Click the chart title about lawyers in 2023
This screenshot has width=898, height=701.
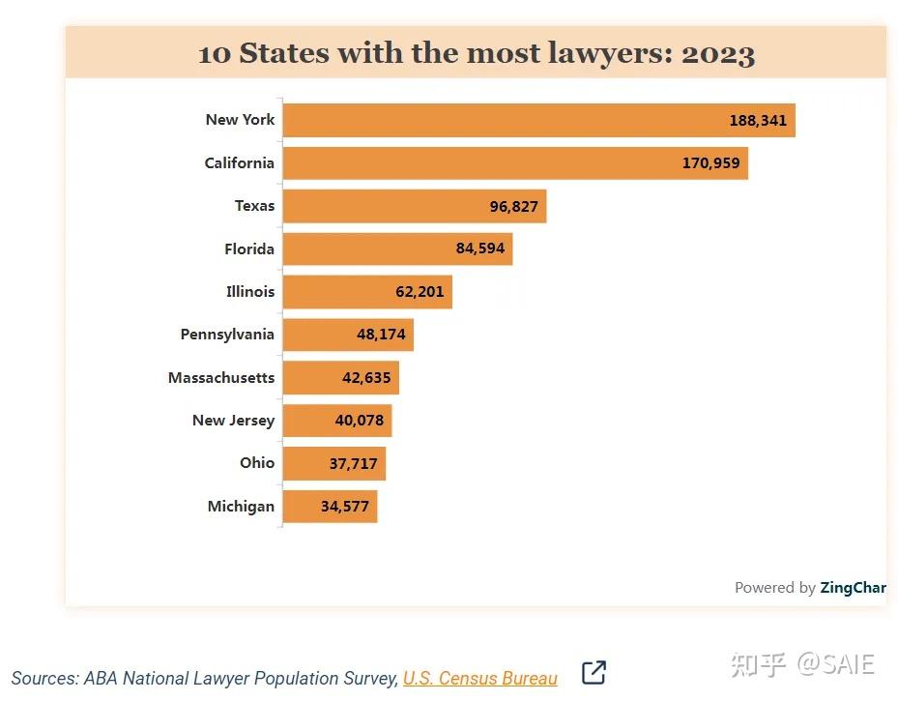coord(476,53)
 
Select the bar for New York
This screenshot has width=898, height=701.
coord(503,121)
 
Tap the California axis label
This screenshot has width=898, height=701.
coord(239,163)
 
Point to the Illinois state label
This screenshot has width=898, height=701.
coord(250,292)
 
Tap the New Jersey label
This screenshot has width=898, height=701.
coord(233,421)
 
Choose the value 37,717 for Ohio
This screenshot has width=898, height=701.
coord(353,464)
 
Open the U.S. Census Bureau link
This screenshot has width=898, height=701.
coord(479,679)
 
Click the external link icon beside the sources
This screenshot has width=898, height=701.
coord(594,673)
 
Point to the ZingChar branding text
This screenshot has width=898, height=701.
coord(853,588)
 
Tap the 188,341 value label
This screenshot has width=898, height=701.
coord(758,121)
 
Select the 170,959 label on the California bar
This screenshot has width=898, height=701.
coord(710,163)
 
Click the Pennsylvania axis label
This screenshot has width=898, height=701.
coord(227,335)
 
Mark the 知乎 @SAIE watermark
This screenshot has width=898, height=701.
coord(802,665)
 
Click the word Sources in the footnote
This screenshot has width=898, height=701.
coord(44,679)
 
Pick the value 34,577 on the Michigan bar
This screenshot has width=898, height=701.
coord(345,507)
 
